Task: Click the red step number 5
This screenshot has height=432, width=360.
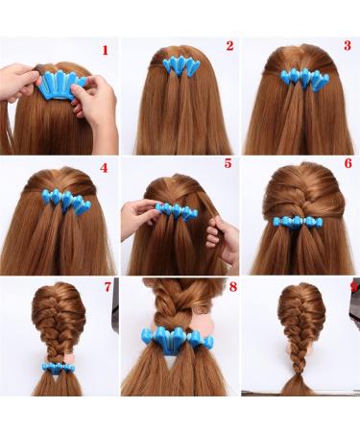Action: click(x=228, y=164)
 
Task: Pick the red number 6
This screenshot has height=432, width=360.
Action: click(x=348, y=165)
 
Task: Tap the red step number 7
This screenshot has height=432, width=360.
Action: click(x=108, y=287)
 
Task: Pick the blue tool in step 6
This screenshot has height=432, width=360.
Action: click(x=300, y=224)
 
